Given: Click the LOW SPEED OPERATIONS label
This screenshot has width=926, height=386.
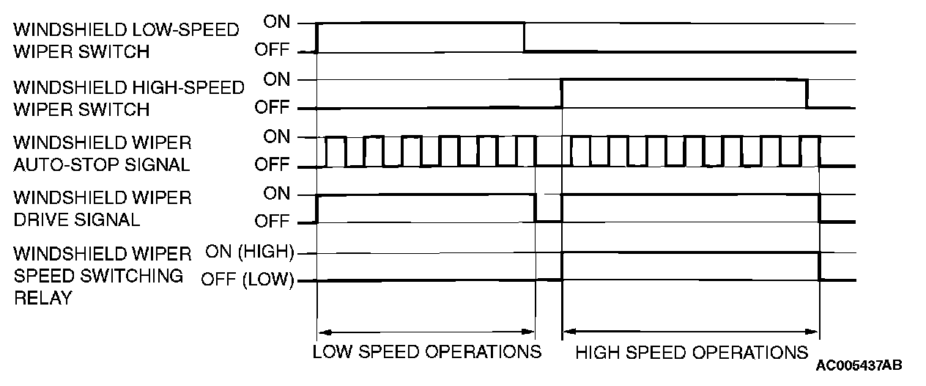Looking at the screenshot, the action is (426, 352).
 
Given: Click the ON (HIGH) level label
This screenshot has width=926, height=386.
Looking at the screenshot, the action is (249, 252).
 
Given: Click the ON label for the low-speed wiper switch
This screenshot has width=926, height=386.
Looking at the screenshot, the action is (277, 22).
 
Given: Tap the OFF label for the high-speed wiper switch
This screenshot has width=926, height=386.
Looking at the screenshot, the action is (273, 108).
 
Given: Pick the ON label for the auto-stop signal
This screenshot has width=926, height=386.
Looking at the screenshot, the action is (277, 136).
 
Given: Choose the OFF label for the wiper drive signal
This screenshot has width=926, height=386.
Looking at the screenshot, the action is (273, 221).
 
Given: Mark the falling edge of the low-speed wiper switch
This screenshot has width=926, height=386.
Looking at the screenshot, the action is (524, 37).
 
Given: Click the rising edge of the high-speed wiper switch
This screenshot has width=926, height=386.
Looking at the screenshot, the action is (562, 93).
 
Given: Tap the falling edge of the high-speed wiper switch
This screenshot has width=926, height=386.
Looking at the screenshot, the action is (807, 93).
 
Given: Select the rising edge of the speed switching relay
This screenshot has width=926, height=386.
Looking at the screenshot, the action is (562, 266).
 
